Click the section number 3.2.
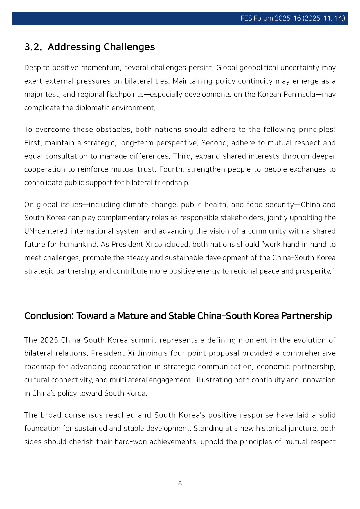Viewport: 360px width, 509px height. click(33, 47)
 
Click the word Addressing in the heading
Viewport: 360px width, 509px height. click(74, 47)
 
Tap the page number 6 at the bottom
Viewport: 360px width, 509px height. click(180, 484)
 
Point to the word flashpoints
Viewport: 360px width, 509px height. click(125, 95)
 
